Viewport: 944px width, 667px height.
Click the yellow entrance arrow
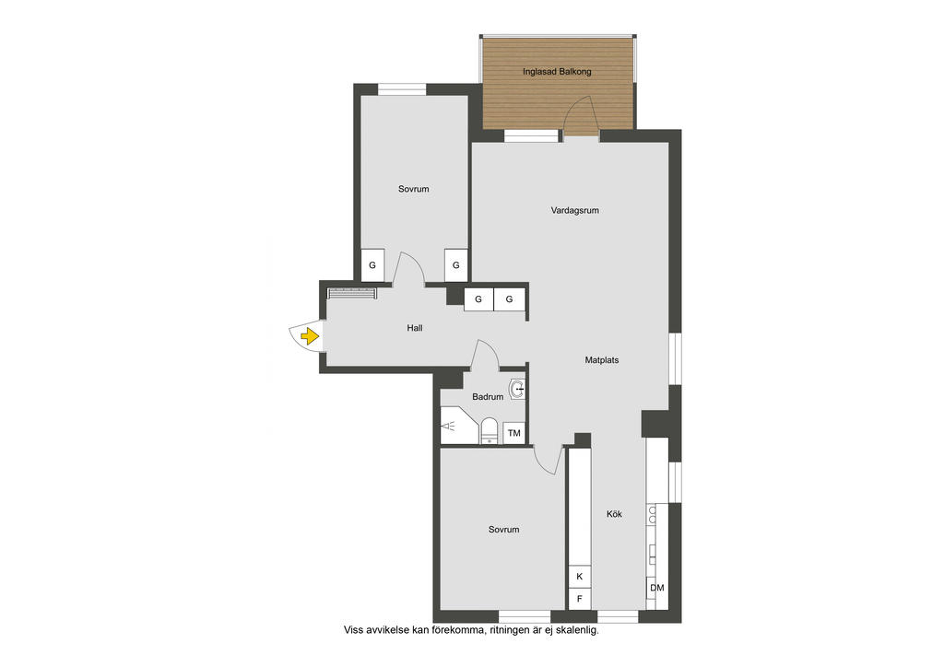310,335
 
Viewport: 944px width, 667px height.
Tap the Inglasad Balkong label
557,72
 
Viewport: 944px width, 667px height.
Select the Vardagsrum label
575,210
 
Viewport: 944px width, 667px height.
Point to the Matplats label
601,360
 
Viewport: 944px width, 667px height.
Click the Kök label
614,514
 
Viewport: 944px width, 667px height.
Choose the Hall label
414,328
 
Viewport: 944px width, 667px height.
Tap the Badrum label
488,397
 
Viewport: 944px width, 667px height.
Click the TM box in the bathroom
514,433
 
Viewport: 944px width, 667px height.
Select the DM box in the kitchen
657,588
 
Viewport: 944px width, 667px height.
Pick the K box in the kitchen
580,576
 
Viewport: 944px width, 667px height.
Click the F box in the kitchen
580,599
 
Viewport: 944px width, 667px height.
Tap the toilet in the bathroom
490,430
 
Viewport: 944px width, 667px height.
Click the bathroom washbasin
517,390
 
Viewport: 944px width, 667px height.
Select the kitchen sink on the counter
653,514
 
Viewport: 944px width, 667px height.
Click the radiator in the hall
352,294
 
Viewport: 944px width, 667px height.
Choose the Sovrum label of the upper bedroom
414,189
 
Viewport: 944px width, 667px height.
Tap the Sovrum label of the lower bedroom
504,530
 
